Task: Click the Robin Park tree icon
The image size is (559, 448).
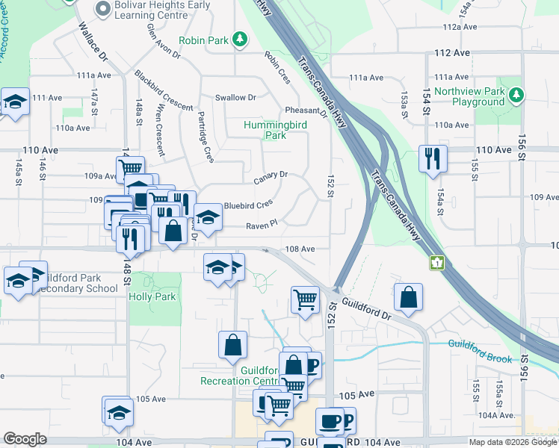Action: click(x=239, y=38)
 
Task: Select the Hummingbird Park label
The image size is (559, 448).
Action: click(x=275, y=131)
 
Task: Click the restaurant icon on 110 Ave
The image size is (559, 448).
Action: click(x=433, y=158)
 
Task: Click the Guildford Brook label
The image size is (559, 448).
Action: click(x=480, y=351)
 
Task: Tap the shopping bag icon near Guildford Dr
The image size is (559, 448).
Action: click(x=408, y=297)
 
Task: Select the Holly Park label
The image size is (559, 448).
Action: click(x=152, y=296)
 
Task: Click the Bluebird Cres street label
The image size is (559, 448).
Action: click(x=248, y=205)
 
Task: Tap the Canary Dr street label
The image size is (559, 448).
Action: click(x=270, y=177)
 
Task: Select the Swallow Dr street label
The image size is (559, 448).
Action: click(x=235, y=98)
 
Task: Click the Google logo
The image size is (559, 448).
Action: click(x=25, y=439)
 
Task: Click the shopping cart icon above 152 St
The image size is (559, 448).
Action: click(x=305, y=300)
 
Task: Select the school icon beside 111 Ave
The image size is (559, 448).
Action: click(x=14, y=103)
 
